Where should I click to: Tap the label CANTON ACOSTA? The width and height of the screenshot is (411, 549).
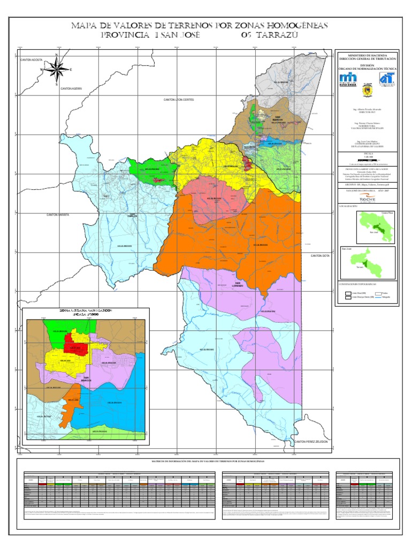coord(31,60)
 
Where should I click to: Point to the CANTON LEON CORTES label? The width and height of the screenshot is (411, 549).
coord(178,100)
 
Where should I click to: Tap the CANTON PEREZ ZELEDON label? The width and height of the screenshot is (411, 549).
coord(310,441)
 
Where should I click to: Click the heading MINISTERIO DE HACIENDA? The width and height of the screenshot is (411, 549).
coord(364,55)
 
